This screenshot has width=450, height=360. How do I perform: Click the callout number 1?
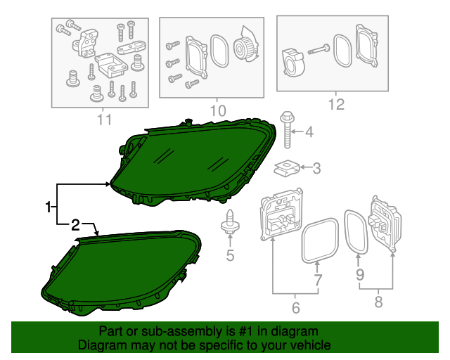[x=49, y=207]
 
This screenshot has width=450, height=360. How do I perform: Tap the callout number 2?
[x=75, y=225]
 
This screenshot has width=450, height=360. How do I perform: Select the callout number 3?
[x=316, y=168]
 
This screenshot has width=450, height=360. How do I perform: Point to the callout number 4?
[x=309, y=132]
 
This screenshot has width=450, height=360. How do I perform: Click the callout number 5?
[x=230, y=255]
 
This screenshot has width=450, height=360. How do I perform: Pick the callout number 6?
[x=296, y=308]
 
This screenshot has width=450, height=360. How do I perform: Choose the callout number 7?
[x=317, y=280]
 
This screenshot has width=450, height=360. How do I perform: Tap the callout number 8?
[x=378, y=302]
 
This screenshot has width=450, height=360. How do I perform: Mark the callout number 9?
[x=360, y=275]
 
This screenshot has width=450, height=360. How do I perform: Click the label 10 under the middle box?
[x=218, y=111]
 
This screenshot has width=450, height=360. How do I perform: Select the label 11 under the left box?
[x=104, y=120]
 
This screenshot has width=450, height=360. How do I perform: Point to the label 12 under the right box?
[x=336, y=105]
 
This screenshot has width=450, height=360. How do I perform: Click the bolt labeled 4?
[x=287, y=130]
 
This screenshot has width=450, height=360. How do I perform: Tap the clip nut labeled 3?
[x=287, y=169]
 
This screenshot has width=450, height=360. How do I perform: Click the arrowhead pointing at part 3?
[x=302, y=167]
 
